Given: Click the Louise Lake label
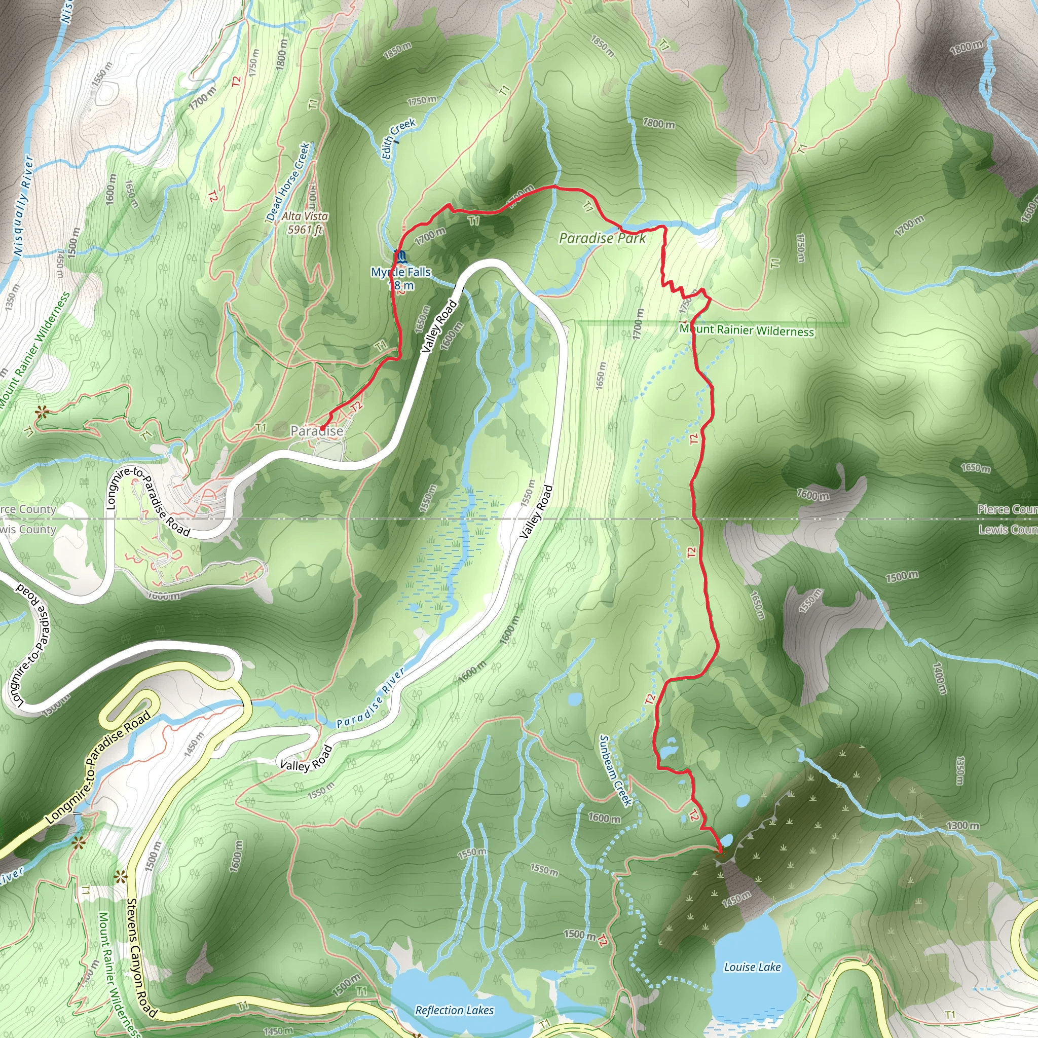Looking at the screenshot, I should (x=752, y=967).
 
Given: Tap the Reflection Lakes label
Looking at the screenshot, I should (x=454, y=1010).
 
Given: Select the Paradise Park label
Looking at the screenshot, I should (x=602, y=238).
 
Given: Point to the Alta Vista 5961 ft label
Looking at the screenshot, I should (x=305, y=223).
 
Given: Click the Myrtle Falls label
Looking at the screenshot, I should (x=401, y=272).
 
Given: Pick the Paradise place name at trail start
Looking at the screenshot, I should (x=316, y=431).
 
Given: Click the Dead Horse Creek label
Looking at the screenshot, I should (x=288, y=181).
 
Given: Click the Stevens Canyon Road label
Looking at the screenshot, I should (x=142, y=958).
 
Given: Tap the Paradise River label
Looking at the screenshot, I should (x=370, y=698).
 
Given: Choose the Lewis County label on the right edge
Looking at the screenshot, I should (x=1008, y=530).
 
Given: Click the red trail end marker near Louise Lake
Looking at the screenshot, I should (x=720, y=850).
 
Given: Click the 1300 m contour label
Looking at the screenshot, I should (x=962, y=825).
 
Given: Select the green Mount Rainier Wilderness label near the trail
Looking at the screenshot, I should (x=747, y=330).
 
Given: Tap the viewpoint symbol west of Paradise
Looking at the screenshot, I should (x=42, y=412).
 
